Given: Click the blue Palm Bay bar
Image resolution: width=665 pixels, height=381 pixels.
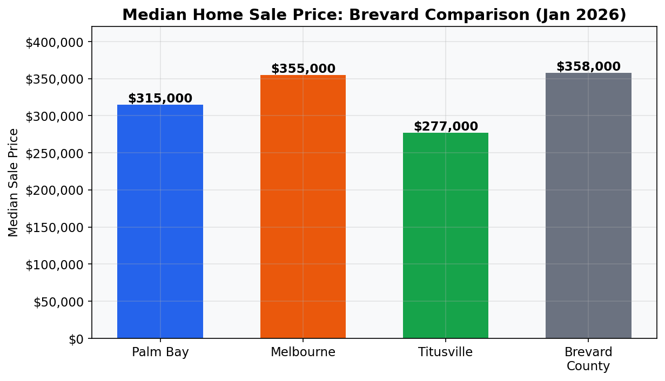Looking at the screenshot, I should coord(160,221).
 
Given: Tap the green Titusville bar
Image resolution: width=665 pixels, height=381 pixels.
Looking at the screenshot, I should coord(445,235).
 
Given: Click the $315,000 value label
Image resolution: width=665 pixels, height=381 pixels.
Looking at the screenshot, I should coord(160,99).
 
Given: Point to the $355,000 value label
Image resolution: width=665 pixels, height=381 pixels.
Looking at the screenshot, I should coord(303,69).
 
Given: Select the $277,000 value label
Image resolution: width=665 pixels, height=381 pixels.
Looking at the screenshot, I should coord(446,127).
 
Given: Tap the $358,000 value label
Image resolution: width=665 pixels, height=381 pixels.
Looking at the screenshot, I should coord(588,67).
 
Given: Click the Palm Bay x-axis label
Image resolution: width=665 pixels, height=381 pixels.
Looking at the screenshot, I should coord(160,352).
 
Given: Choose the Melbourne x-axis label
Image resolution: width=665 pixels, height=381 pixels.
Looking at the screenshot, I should coord(303,352).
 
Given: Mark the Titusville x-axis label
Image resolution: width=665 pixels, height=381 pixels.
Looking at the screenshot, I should coord(445,352).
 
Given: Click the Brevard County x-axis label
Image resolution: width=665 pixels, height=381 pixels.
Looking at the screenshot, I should coord(588,359).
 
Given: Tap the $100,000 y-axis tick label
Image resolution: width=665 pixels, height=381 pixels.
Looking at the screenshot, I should coord(58,264).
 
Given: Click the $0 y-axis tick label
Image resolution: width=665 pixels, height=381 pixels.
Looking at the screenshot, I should coord(76,339).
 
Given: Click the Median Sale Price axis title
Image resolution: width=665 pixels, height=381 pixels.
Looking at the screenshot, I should coord(14,182).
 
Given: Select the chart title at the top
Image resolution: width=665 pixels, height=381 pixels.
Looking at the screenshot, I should coord(374,15).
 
